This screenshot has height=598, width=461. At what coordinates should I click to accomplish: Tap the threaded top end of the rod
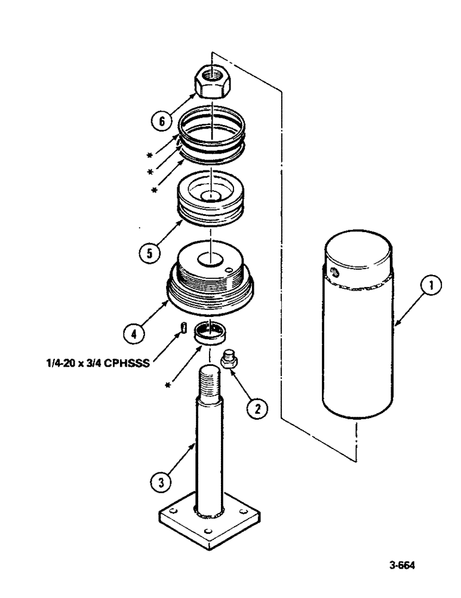[212, 377]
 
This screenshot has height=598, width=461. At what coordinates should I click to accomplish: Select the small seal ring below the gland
[213, 332]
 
